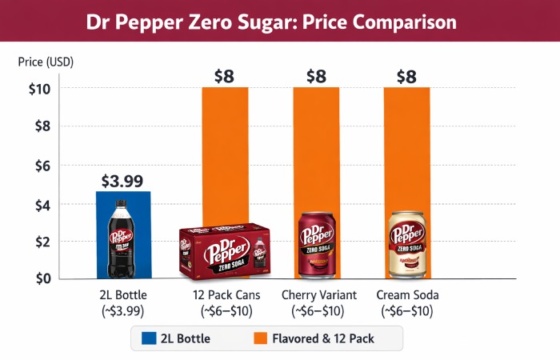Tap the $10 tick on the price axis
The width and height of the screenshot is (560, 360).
tap(39, 87)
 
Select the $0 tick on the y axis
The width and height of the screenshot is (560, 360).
tap(42, 278)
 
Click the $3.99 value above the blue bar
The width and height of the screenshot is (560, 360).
tap(122, 182)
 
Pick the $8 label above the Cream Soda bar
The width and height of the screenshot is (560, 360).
tap(407, 77)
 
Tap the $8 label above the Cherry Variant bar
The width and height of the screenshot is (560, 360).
tap(316, 77)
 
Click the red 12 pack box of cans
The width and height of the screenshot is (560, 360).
tap(225, 251)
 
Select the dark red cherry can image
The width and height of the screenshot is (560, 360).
tap(317, 245)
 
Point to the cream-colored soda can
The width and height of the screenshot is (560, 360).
tap(407, 245)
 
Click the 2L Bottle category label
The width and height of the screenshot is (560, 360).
tap(122, 295)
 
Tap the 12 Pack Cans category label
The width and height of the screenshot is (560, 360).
tap(225, 295)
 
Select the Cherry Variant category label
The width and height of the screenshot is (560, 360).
tap(318, 295)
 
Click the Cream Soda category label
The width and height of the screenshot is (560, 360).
tap(407, 295)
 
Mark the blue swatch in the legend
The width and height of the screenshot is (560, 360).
tap(148, 338)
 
